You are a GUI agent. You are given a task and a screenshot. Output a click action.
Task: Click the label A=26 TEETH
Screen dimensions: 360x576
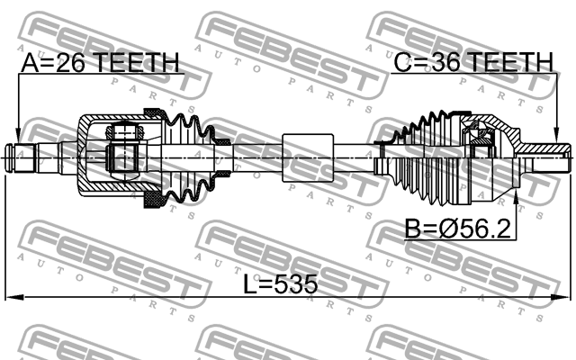[x=100, y=62]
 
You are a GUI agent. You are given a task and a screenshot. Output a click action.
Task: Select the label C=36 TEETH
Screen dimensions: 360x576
[x=472, y=62]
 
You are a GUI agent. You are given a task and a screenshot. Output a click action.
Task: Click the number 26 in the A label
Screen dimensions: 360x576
[x=76, y=62]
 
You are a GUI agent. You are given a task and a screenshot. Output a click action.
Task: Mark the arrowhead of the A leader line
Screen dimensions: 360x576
[x=19, y=135]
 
